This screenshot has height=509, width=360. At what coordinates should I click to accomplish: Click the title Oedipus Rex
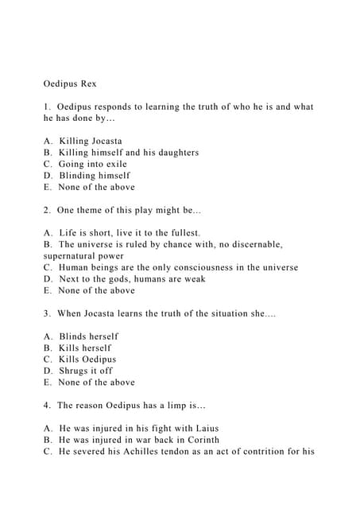tap(70, 84)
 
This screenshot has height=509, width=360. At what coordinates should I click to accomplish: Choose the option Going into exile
tap(92, 164)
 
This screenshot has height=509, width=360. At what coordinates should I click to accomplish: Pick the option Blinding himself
tap(94, 175)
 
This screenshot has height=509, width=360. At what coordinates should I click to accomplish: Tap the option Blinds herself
tap(88, 336)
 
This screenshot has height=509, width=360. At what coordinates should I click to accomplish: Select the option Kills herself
tap(84, 348)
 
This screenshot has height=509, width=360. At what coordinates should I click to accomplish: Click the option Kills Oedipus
tap(87, 359)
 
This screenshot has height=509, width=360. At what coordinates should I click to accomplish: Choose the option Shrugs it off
tap(85, 371)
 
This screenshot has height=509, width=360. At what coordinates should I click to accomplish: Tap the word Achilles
tap(147, 452)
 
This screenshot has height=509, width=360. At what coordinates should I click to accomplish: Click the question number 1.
tap(47, 107)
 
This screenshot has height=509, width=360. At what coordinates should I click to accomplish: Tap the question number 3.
tap(47, 313)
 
